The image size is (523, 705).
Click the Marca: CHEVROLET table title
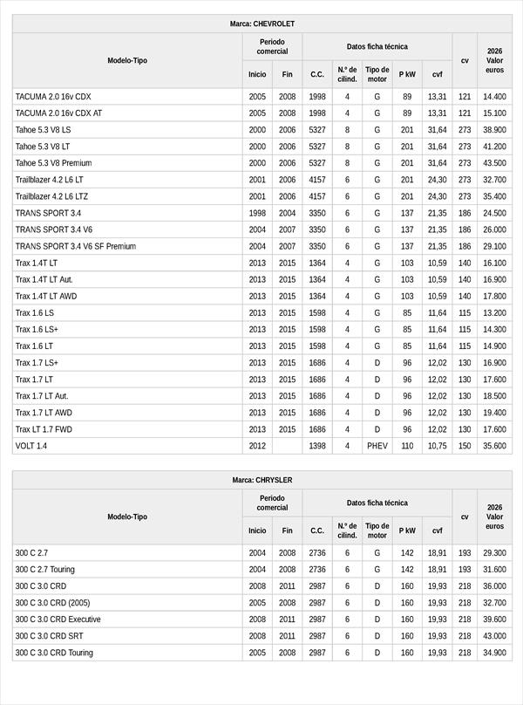tap(261, 24)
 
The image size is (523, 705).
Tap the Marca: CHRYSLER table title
tap(261, 480)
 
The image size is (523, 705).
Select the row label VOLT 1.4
tap(31, 446)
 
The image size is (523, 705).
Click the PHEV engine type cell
tap(377, 446)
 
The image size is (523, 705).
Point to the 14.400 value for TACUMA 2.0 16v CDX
tap(494, 97)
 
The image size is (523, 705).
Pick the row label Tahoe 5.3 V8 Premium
tap(53, 163)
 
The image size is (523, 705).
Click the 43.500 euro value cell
tap(494, 163)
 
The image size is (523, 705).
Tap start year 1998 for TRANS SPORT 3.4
tap(257, 213)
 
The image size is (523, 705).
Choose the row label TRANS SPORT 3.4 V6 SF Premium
tap(76, 246)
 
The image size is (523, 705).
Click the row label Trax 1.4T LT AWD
tap(47, 296)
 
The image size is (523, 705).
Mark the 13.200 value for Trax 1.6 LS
tap(494, 312)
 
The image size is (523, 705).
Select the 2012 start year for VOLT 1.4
tap(257, 446)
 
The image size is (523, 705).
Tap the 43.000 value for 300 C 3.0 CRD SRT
tap(494, 636)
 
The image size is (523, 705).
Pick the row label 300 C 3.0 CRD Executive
tap(59, 619)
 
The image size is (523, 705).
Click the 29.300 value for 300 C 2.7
tap(494, 553)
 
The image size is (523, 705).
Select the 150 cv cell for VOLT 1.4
tap(465, 446)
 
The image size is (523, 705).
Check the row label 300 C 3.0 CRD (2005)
tap(52, 603)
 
